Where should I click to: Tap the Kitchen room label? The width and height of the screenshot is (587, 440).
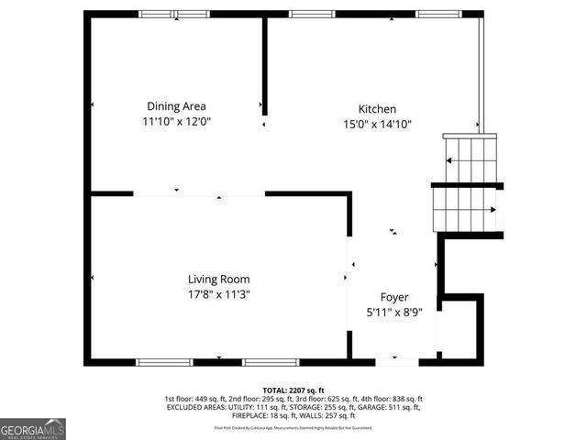point(376,108)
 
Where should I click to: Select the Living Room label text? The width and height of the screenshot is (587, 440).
point(218,279)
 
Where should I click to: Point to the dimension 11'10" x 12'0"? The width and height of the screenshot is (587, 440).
point(178,121)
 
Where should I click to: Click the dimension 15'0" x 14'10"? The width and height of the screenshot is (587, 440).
point(376,124)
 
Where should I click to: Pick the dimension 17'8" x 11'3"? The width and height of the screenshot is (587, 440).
point(218,294)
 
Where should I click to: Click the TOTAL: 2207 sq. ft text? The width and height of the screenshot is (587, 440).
point(293,390)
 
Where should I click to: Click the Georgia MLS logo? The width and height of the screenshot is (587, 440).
point(33,429)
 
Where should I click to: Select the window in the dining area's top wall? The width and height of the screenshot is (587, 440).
point(173,14)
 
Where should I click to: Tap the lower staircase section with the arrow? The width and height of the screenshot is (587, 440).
point(467,209)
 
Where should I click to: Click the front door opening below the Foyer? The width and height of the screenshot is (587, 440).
point(397,362)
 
